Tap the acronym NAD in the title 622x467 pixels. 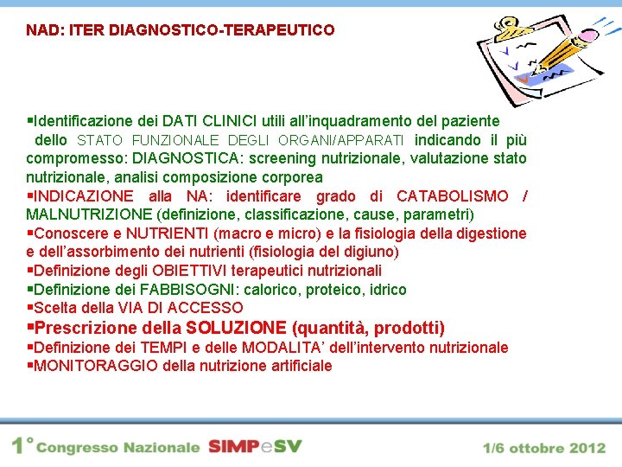(x=41, y=30)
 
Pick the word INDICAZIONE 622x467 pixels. (x=84, y=196)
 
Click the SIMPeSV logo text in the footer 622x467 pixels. (x=254, y=447)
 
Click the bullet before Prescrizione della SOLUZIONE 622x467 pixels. (x=30, y=328)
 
